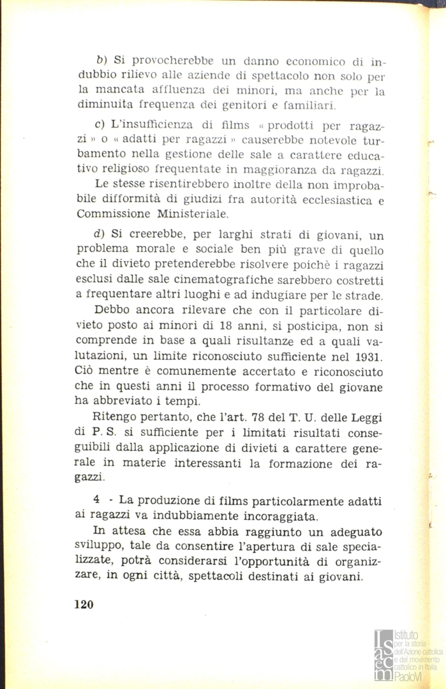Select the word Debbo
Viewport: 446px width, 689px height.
[x=111, y=311]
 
